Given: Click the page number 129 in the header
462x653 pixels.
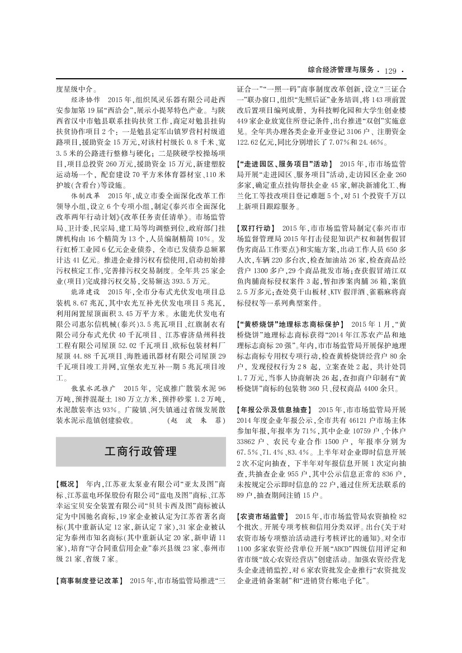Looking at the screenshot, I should pyautogui.click(x=390, y=70).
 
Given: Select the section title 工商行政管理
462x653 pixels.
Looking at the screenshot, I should pyautogui.click(x=140, y=451).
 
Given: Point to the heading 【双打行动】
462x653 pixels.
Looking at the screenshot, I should pyautogui.click(x=256, y=228).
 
